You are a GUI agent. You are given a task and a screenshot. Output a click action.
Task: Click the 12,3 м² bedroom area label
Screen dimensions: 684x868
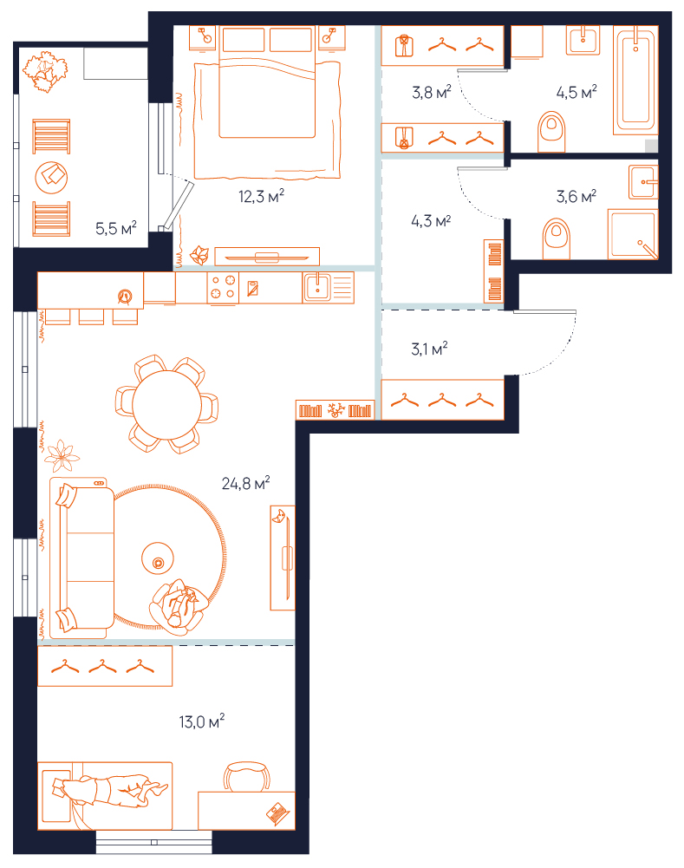pos(261,196)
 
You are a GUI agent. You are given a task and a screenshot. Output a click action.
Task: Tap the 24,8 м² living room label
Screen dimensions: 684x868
pos(245,483)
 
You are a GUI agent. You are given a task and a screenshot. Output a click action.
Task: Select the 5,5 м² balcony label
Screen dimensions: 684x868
pos(115,228)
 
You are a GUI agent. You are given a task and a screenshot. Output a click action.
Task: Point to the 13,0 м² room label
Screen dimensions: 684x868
pos(201,721)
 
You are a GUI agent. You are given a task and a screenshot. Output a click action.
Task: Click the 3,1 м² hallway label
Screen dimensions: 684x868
pos(429,349)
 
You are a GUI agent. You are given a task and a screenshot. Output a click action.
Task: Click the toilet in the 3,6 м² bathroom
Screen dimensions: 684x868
pos(557,238)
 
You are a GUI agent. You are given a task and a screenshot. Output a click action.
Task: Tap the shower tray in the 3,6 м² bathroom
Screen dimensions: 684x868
pos(633,234)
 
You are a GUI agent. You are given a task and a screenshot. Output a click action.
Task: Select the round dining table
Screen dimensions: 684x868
pos(166,405)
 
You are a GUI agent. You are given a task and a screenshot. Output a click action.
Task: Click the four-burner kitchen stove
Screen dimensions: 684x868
pos(223,287)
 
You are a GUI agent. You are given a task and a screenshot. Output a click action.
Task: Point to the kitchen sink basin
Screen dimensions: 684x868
pos(317,287)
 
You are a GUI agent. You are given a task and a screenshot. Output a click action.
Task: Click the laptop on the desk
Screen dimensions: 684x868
pos(277,813)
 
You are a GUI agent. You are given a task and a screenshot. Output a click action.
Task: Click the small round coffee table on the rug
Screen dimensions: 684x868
pos(158,559)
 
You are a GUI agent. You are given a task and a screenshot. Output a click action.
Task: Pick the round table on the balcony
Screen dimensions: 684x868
pos(51,178)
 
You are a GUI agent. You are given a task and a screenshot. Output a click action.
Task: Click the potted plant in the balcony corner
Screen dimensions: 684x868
pos(45,71)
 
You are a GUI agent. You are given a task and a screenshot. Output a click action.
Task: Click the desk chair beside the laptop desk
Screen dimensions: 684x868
pos(247,776)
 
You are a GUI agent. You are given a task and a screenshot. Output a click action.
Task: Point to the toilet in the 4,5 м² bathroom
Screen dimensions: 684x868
pos(551,132)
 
